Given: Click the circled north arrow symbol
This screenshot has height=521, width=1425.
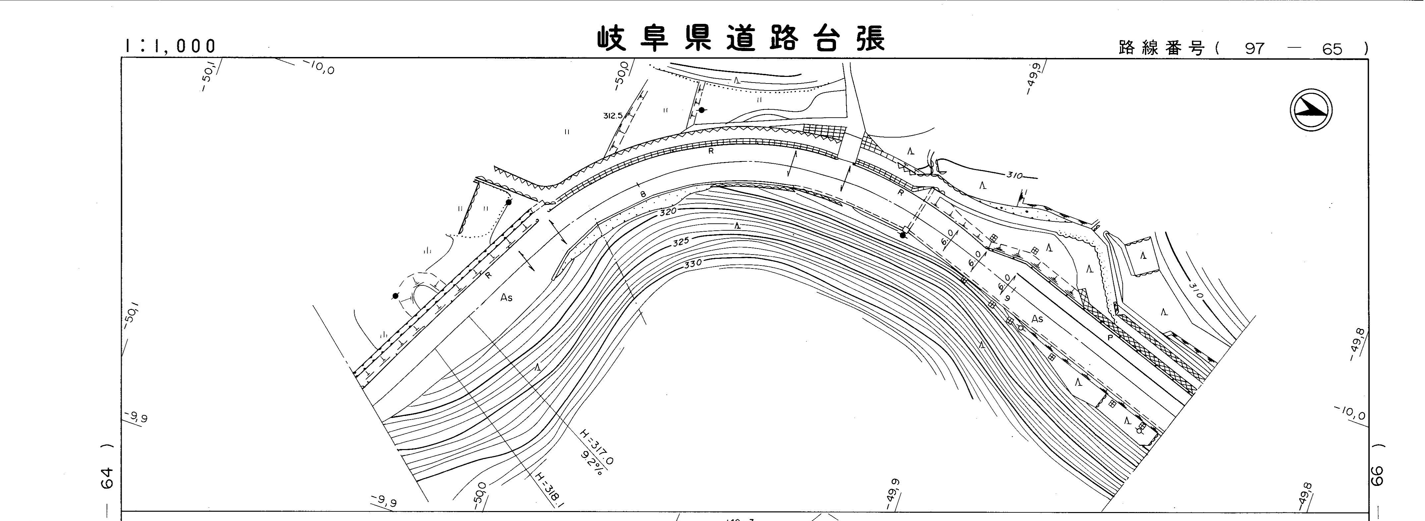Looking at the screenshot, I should point(1311,111).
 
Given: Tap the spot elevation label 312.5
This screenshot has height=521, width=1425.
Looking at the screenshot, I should point(613,116).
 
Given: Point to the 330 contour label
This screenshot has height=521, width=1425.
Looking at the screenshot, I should point(692,264).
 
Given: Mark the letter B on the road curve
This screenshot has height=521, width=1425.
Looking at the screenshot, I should point(643,194).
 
